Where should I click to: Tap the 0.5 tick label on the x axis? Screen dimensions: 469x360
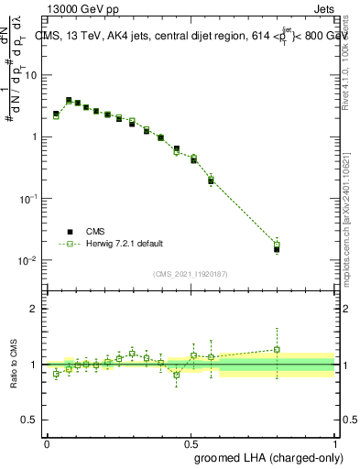(x=191, y=442)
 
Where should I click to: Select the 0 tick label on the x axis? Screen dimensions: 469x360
(x=47, y=442)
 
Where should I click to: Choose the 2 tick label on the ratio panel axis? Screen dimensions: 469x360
(x=35, y=309)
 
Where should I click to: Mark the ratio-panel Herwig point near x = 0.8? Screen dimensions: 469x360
(x=277, y=349)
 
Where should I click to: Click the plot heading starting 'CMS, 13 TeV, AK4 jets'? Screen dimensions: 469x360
(x=194, y=36)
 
